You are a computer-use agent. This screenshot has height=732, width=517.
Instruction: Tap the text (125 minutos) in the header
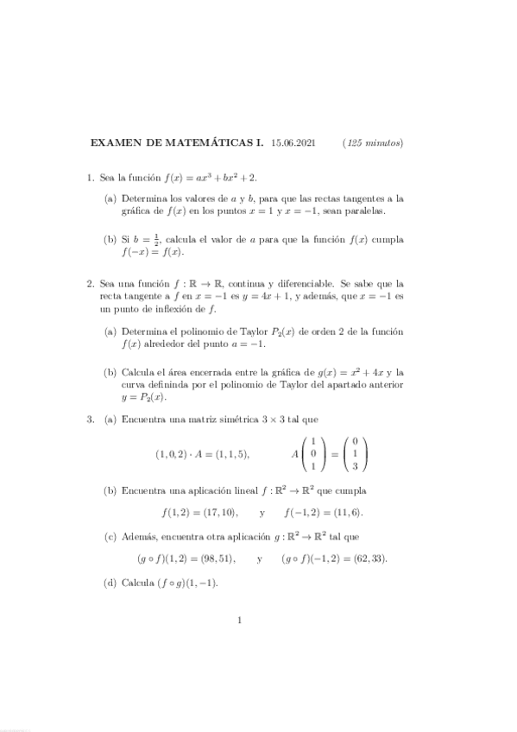pyautogui.click(x=373, y=142)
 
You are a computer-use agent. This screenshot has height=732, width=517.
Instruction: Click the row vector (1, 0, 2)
pyautogui.click(x=172, y=454)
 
